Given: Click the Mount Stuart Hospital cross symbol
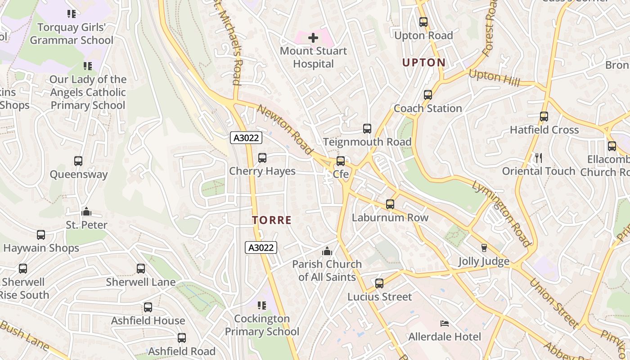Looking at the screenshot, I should (313, 38).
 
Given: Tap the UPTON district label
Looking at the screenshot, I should (423, 63).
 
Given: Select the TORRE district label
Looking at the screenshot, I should (272, 220).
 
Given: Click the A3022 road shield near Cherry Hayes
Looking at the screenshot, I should (246, 138).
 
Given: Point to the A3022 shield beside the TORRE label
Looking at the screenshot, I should (261, 247).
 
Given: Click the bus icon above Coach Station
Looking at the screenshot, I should (427, 95).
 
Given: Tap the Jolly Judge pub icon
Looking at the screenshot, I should (484, 248).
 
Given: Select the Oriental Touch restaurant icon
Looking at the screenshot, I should (538, 157).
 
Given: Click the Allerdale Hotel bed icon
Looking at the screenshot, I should (444, 324).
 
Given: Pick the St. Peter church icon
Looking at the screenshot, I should (86, 211).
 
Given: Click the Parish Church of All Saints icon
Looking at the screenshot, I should (327, 251).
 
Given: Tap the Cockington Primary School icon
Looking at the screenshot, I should (262, 306).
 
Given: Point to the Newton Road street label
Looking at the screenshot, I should (285, 130).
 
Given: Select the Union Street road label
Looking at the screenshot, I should (553, 303).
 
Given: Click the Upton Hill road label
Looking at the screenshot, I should (494, 78).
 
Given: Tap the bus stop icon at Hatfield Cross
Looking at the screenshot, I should (544, 117).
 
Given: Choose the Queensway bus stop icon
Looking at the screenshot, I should (78, 161).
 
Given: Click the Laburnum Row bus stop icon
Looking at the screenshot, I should (390, 204).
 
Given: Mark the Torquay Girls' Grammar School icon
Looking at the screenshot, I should (71, 14).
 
